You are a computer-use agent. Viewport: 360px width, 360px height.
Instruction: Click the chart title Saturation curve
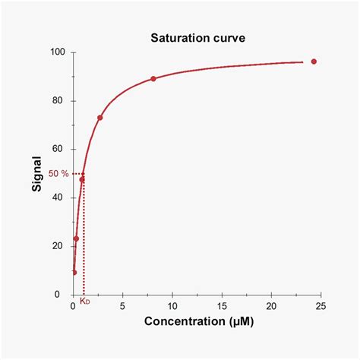(x=197, y=38)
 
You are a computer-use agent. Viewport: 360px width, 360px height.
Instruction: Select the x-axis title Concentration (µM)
(x=199, y=323)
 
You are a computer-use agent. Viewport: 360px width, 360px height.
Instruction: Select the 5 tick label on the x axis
(x=123, y=305)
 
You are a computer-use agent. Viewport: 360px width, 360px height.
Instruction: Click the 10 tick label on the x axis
(x=172, y=305)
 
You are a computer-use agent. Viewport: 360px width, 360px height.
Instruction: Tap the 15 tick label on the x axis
(x=222, y=305)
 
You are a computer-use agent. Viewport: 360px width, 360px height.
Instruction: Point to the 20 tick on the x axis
(x=271, y=305)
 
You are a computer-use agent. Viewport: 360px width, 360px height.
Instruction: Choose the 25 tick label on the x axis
(x=321, y=305)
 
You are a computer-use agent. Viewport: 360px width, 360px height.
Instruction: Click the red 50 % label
(x=58, y=174)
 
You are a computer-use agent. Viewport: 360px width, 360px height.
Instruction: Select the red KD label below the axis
(x=84, y=302)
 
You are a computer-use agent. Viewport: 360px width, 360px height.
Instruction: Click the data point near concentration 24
(x=314, y=62)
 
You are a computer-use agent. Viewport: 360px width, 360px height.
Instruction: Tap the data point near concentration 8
(x=153, y=78)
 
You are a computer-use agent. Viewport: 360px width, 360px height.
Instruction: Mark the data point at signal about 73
(x=100, y=118)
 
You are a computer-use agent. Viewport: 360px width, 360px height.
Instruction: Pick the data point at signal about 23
(x=76, y=238)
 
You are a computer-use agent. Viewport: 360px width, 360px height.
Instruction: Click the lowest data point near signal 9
(x=74, y=272)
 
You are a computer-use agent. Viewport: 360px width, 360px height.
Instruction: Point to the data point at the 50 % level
(x=82, y=179)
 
